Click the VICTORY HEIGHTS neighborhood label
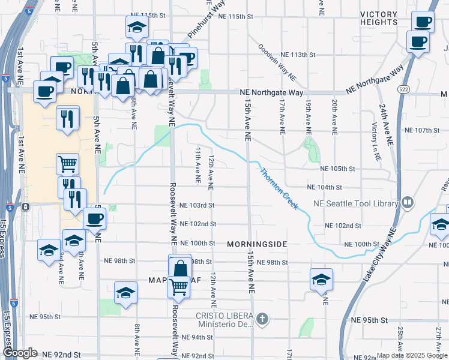pyautogui.click(x=379, y=18)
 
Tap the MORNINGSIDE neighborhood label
pyautogui.click(x=258, y=244)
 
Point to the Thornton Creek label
pyautogui.click(x=279, y=188)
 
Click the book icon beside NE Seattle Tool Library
pyautogui.click(x=408, y=203)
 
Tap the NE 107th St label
pyautogui.click(x=423, y=130)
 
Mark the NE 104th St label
pyautogui.click(x=324, y=188)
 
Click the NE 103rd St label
pyautogui.click(x=197, y=205)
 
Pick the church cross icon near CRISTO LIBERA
pyautogui.click(x=261, y=317)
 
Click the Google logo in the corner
pyautogui.click(x=20, y=353)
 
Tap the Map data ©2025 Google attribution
pyautogui.click(x=411, y=355)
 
